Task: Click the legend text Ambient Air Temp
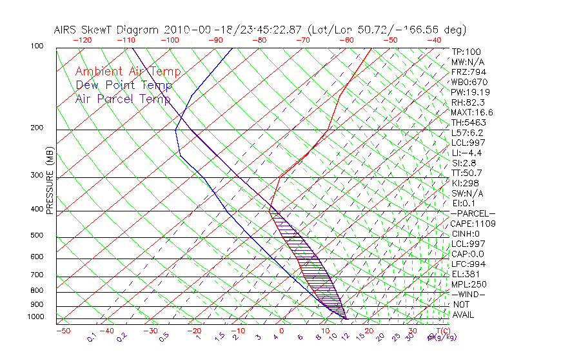[x=128, y=72]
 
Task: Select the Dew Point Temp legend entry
[x=124, y=85]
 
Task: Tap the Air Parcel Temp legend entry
[x=123, y=99]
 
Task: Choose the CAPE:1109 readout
[x=473, y=224]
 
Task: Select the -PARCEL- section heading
[x=473, y=213]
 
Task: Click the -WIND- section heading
[x=469, y=294]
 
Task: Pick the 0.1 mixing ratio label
[x=92, y=337]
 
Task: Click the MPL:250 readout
[x=469, y=284]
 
